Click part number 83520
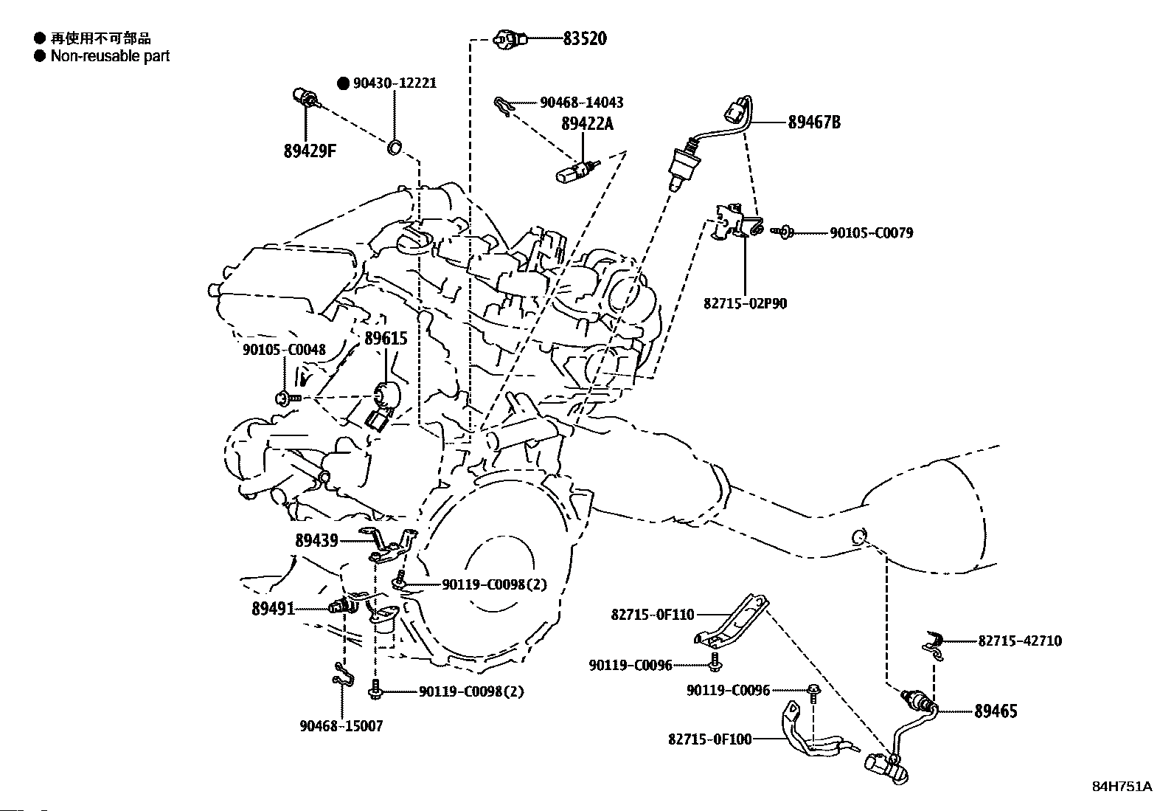point(585,38)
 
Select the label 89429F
point(310,151)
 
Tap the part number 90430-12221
point(395,83)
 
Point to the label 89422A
point(587,124)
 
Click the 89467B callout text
point(814,122)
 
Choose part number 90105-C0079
point(871,233)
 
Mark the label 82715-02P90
point(745,304)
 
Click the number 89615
point(386,339)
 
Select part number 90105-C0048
point(284,350)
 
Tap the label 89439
point(316,541)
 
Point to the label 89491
point(273,609)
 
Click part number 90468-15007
point(341,726)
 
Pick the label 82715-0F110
point(653,615)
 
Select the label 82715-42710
point(1020,641)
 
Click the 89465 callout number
point(996,711)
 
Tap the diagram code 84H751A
point(1122,787)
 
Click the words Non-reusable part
point(110,56)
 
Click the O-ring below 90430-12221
point(394,148)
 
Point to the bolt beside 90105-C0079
point(782,231)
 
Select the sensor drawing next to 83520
point(510,39)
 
